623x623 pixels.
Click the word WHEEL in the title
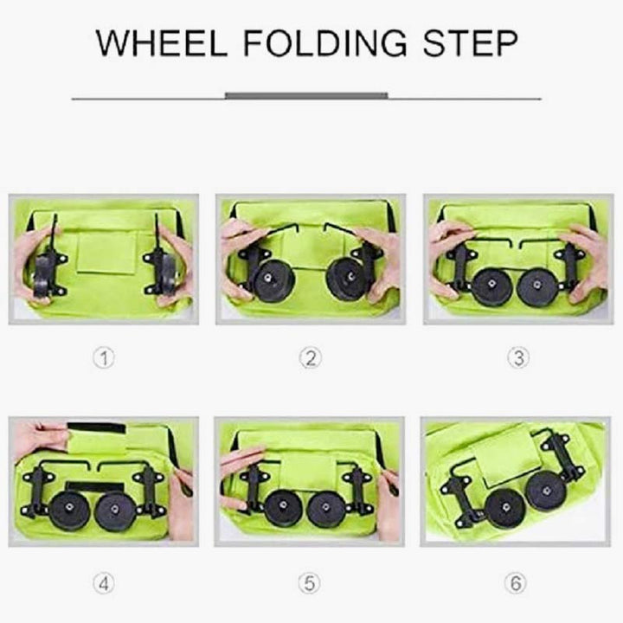[x=161, y=42]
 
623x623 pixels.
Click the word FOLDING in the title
[x=325, y=42]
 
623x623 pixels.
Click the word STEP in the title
[x=471, y=42]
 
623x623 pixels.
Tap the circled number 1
[x=104, y=357]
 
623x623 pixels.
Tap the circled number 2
[x=311, y=357]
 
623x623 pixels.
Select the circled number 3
[x=518, y=357]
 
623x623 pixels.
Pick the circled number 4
[x=104, y=583]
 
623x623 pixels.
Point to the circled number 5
[x=310, y=583]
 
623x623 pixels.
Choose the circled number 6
[x=516, y=583]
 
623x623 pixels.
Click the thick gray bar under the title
[x=306, y=95]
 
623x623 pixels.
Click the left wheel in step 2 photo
[x=273, y=281]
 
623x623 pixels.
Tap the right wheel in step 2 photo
[x=346, y=279]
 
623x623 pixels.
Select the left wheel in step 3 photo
[x=491, y=287]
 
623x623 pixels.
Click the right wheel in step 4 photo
[x=115, y=511]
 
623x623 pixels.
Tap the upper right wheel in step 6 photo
[x=546, y=491]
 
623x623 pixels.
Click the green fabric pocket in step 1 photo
[x=106, y=253]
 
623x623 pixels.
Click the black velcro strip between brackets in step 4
[x=94, y=487]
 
